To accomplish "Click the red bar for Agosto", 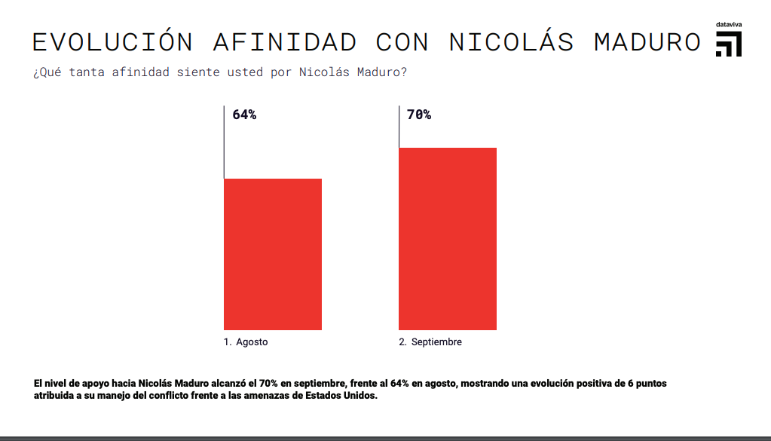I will tap(273, 254).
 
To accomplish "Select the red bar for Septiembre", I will tap(448, 238).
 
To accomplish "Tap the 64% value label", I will tap(244, 115).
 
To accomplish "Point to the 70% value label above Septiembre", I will tap(419, 115).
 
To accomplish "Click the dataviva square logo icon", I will tap(729, 44).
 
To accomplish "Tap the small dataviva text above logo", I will tap(729, 25).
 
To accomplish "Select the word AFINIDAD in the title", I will tap(285, 42).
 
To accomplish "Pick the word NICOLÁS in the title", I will tap(512, 42).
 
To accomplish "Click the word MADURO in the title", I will tap(647, 42).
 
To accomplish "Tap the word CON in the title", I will tap(402, 42).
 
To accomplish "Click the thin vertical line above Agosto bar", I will tap(224, 142).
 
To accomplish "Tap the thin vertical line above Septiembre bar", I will tap(399, 127).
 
